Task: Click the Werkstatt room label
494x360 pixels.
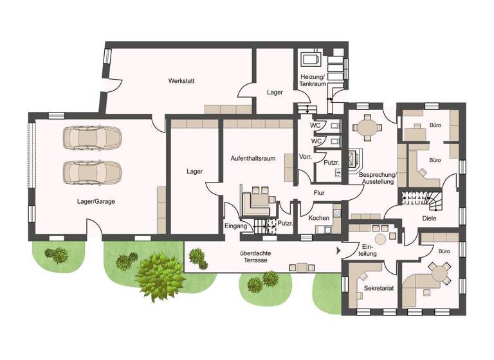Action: click(x=181, y=81)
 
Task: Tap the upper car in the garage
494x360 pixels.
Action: click(x=92, y=137)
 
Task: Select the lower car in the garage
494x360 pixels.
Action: click(x=92, y=172)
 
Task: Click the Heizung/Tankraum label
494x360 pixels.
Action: click(x=313, y=81)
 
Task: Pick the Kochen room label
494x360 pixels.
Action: click(x=319, y=219)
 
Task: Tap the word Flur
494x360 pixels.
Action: click(x=319, y=192)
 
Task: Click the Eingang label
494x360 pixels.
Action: click(x=236, y=226)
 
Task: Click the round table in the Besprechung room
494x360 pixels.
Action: click(x=368, y=127)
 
